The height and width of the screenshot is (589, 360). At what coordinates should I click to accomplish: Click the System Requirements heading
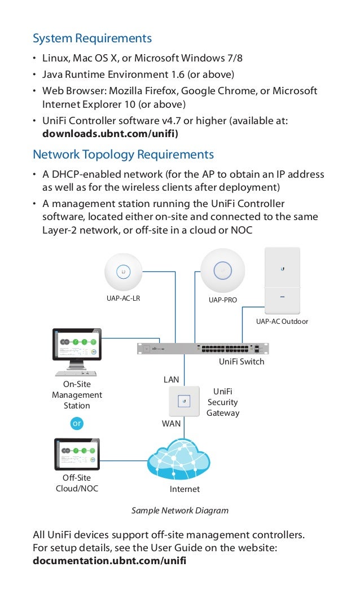pyautogui.click(x=92, y=38)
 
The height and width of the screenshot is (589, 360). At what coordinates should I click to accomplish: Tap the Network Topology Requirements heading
pyautogui.click(x=123, y=155)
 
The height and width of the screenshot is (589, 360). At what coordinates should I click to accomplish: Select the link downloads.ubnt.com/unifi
pyautogui.click(x=111, y=134)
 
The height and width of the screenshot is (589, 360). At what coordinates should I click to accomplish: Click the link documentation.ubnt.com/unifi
pyautogui.click(x=109, y=561)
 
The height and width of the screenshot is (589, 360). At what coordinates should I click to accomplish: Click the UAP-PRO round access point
pyautogui.click(x=223, y=271)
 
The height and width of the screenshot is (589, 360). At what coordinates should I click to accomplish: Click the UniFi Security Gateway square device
pyautogui.click(x=183, y=401)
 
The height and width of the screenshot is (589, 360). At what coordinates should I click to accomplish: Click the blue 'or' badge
pyautogui.click(x=76, y=423)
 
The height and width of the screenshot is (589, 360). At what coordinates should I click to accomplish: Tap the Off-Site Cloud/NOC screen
pyautogui.click(x=77, y=455)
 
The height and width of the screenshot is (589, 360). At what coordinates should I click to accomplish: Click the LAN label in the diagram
pyautogui.click(x=171, y=380)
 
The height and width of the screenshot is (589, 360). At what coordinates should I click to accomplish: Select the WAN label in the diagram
pyautogui.click(x=171, y=423)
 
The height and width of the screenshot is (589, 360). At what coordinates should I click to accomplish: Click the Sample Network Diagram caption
pyautogui.click(x=180, y=511)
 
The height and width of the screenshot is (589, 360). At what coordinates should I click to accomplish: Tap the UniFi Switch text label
pyautogui.click(x=241, y=362)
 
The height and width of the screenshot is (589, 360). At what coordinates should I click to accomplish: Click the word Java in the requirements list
pyautogui.click(x=52, y=74)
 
